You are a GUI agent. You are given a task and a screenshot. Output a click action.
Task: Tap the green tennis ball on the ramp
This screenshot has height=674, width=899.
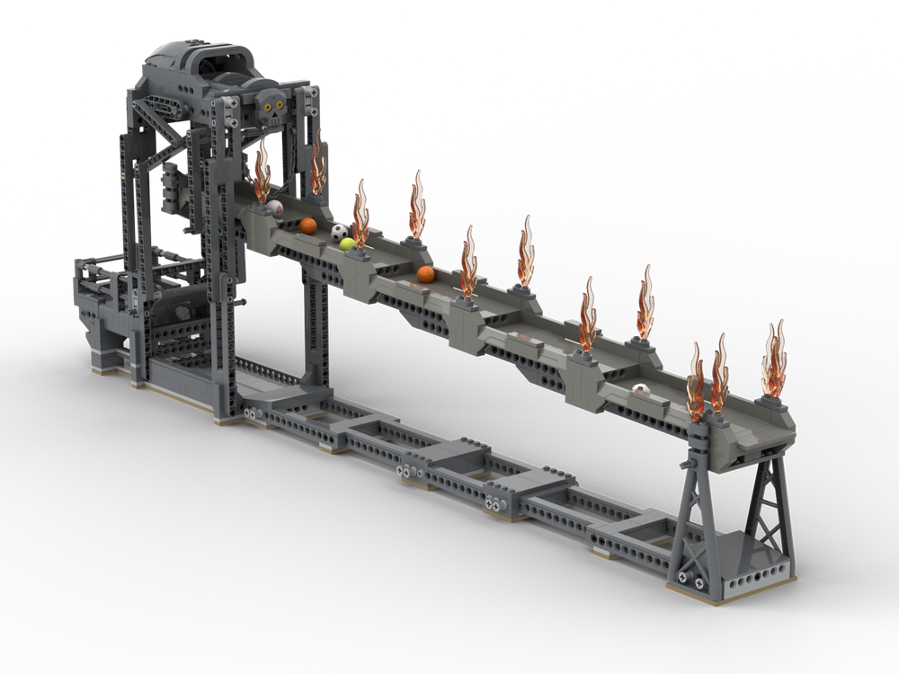pyautogui.click(x=347, y=244)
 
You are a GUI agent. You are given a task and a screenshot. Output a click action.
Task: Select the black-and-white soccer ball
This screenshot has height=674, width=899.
pyautogui.click(x=339, y=232)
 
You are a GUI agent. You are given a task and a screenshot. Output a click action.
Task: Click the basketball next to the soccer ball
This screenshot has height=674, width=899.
pyautogui.click(x=308, y=226)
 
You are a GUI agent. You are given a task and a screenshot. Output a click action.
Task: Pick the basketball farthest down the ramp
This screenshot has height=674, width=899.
pyautogui.click(x=425, y=274)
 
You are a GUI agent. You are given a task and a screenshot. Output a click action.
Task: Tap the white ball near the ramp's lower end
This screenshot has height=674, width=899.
pyautogui.click(x=639, y=390)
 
